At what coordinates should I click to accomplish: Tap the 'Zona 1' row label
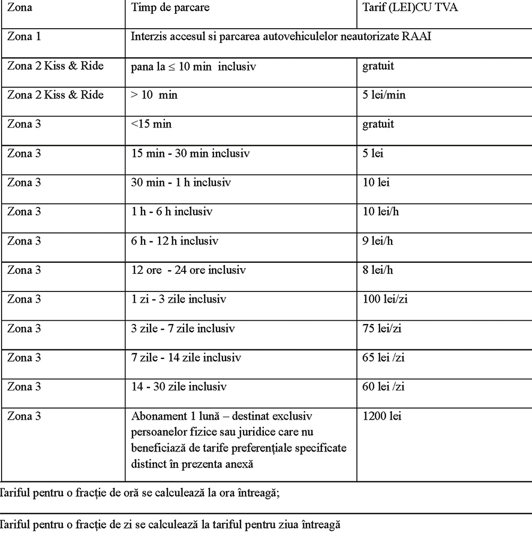pyautogui.click(x=24, y=37)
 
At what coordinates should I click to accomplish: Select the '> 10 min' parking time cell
pyautogui.click(x=154, y=95)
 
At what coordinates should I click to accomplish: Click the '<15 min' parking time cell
pyautogui.click(x=151, y=124)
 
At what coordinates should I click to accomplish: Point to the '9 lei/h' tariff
pyautogui.click(x=378, y=240)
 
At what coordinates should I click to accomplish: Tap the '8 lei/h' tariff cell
pyautogui.click(x=378, y=270)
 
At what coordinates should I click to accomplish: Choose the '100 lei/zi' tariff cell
pyautogui.click(x=385, y=299)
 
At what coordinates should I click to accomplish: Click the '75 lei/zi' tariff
pyautogui.click(x=382, y=328)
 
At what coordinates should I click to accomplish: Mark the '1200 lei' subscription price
pyautogui.click(x=382, y=416)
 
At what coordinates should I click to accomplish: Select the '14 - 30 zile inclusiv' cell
pyautogui.click(x=179, y=387)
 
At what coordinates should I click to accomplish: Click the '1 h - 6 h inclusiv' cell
pyautogui.click(x=171, y=212)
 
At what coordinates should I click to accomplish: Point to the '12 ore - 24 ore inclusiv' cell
pyautogui.click(x=188, y=270)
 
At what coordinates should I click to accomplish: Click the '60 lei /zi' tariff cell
pyautogui.click(x=383, y=387)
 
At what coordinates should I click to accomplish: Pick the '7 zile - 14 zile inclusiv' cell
pyautogui.click(x=186, y=357)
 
